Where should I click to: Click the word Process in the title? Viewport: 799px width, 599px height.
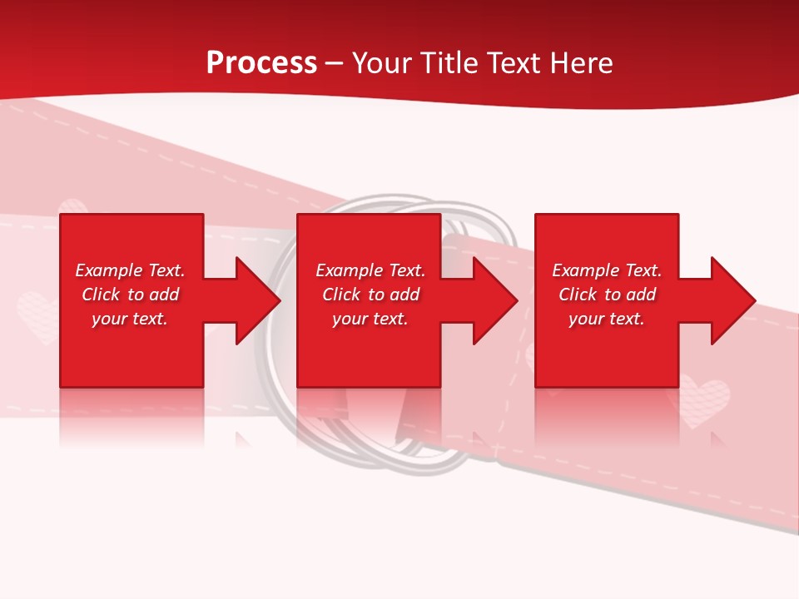(261, 62)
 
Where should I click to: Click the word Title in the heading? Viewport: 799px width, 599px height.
(449, 62)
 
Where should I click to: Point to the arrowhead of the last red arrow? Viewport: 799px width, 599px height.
(732, 300)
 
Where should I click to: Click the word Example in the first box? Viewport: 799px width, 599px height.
(109, 270)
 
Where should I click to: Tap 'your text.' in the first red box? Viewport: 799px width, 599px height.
(130, 319)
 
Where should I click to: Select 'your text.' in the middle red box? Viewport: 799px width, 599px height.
(370, 319)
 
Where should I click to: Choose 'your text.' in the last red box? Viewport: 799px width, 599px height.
(607, 319)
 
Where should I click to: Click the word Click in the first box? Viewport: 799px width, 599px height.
(102, 295)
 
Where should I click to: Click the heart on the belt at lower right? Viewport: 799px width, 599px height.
(705, 399)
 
